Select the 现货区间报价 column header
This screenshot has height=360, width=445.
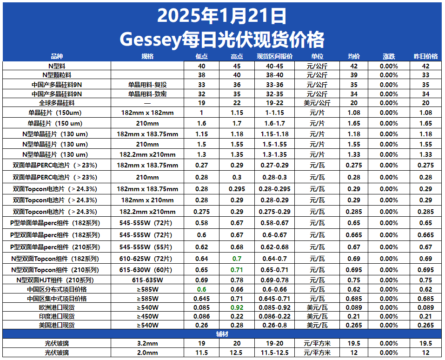coord(275,57)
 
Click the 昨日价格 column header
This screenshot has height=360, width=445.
coord(425,57)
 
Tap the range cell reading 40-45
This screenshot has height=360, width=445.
coord(275,66)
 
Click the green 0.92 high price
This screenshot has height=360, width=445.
coord(237,307)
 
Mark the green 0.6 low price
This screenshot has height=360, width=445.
coord(201,289)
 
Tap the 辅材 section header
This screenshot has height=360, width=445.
coord(222,334)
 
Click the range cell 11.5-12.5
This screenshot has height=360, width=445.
coord(275,353)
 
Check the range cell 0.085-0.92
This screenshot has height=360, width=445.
coord(275,307)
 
